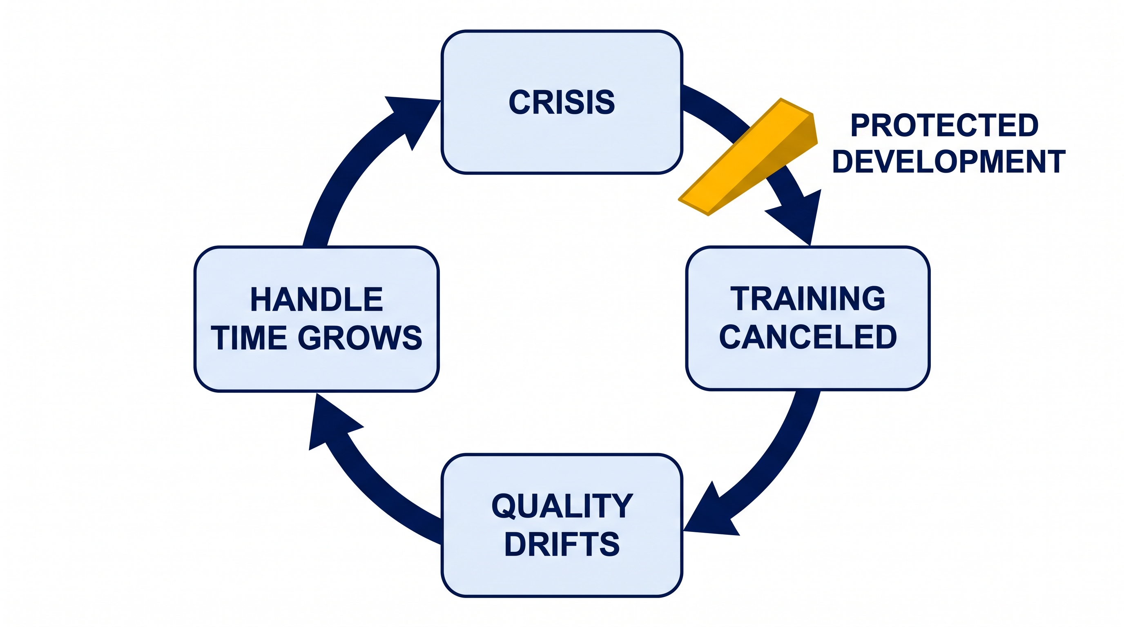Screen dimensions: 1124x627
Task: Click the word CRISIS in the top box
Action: click(x=562, y=102)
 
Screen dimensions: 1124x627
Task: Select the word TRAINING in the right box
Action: click(x=807, y=299)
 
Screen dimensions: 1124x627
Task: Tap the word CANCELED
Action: click(x=807, y=337)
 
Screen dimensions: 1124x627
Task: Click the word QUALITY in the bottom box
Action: click(x=562, y=506)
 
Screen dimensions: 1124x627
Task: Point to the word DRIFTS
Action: click(x=562, y=544)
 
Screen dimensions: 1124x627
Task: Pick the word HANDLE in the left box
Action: click(x=317, y=300)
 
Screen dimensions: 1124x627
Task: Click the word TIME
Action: click(x=249, y=338)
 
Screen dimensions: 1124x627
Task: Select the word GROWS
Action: click(x=360, y=338)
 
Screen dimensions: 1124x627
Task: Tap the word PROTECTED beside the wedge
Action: click(x=944, y=126)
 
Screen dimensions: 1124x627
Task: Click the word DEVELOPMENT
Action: click(x=949, y=161)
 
